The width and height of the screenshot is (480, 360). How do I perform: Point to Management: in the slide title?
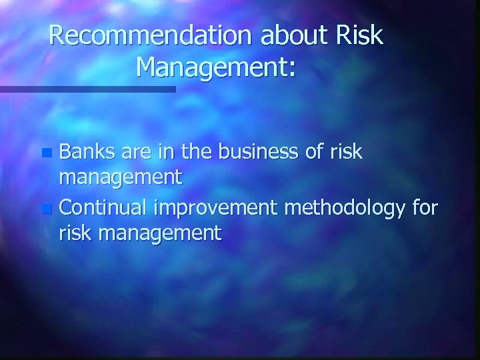(x=215, y=67)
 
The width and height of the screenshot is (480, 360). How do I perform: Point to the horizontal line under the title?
(x=87, y=89)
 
